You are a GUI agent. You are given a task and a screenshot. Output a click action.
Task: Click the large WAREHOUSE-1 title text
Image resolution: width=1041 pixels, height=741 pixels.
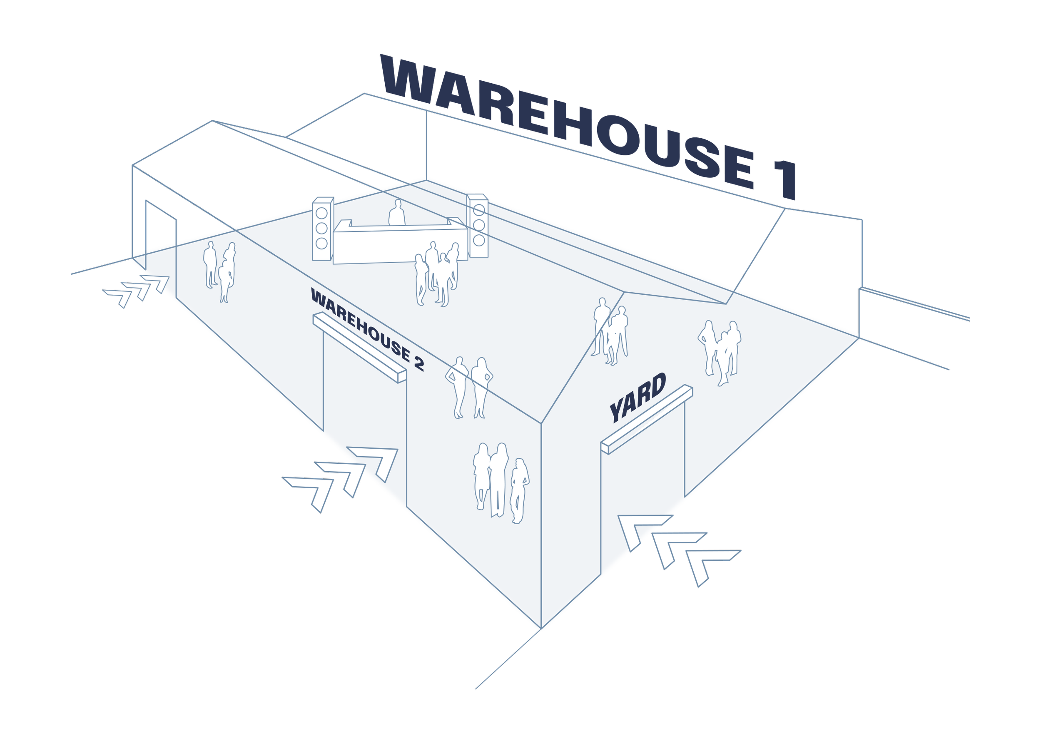pos(589,123)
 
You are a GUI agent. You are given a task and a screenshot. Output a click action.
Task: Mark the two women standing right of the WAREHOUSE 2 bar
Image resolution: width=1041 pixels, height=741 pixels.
pos(469,388)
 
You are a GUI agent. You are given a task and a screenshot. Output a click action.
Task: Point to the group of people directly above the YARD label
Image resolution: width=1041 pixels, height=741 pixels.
pos(610,331)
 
